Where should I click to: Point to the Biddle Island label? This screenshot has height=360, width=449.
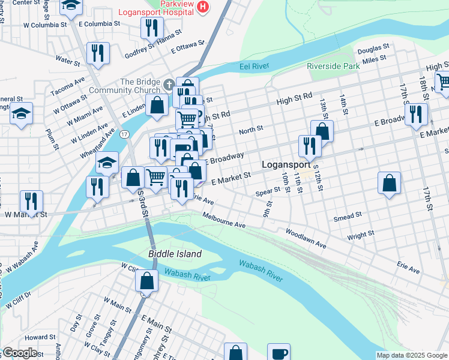(x=175, y=254)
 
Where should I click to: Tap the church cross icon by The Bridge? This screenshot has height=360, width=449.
(x=170, y=84)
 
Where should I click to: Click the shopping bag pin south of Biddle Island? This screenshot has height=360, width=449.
(x=146, y=280)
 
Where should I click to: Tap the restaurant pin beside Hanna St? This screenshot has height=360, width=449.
(x=152, y=28)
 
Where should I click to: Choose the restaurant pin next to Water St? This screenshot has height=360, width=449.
(x=97, y=53)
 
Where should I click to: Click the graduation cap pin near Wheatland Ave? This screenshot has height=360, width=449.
(x=107, y=162)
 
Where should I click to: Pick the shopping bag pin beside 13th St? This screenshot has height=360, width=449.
(x=322, y=131)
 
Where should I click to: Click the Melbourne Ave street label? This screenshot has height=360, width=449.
(x=224, y=220)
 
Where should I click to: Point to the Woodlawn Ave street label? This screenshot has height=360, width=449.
(x=306, y=238)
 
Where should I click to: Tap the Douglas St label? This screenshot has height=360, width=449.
(x=373, y=46)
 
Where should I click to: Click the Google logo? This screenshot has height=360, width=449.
(x=20, y=353)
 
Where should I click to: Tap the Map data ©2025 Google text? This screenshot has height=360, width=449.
(x=412, y=355)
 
